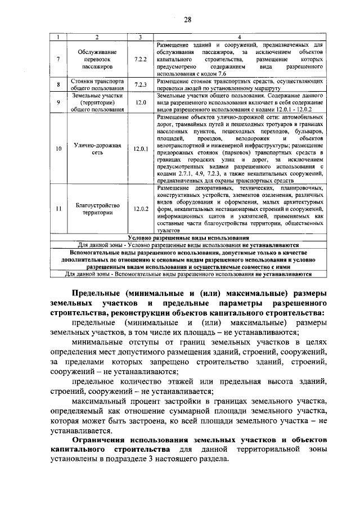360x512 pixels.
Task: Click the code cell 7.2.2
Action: pos(141,59)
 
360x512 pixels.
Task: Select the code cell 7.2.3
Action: pos(141,85)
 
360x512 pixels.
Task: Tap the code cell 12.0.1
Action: pos(141,149)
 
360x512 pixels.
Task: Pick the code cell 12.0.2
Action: pos(141,209)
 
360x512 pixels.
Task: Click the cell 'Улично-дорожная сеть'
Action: pos(97,149)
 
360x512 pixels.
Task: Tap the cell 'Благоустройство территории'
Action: pos(97,209)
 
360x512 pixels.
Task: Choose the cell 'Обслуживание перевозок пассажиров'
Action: pos(97,59)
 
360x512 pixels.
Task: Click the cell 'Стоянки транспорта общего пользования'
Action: pos(97,85)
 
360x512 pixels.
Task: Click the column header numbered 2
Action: pos(97,37)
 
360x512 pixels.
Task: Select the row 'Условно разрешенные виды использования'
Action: pos(188,238)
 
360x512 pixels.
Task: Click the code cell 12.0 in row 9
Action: pos(141,103)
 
